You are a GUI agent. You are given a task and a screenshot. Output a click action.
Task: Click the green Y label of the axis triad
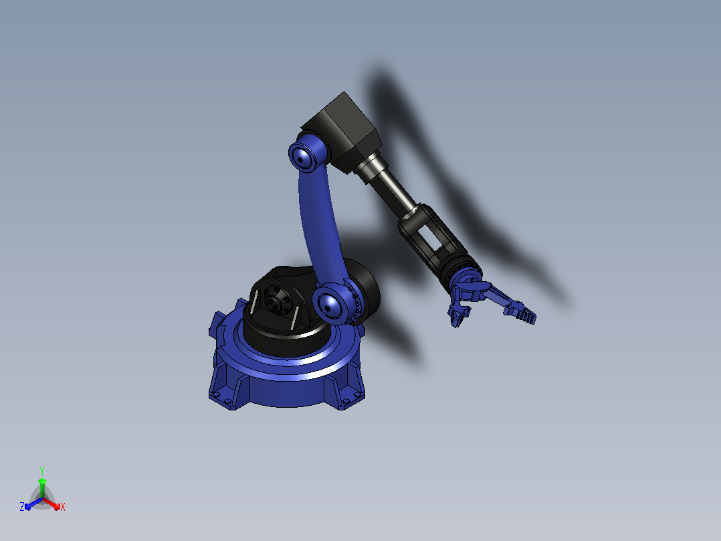click(42, 471)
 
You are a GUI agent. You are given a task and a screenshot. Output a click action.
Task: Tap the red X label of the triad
click(63, 507)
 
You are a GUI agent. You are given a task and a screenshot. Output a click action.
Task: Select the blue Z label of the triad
click(22, 506)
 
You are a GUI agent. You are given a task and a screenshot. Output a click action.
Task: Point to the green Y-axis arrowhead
click(42, 481)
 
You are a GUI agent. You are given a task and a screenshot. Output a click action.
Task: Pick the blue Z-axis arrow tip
click(28, 506)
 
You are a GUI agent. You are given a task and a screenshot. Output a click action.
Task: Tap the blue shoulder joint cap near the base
click(330, 305)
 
